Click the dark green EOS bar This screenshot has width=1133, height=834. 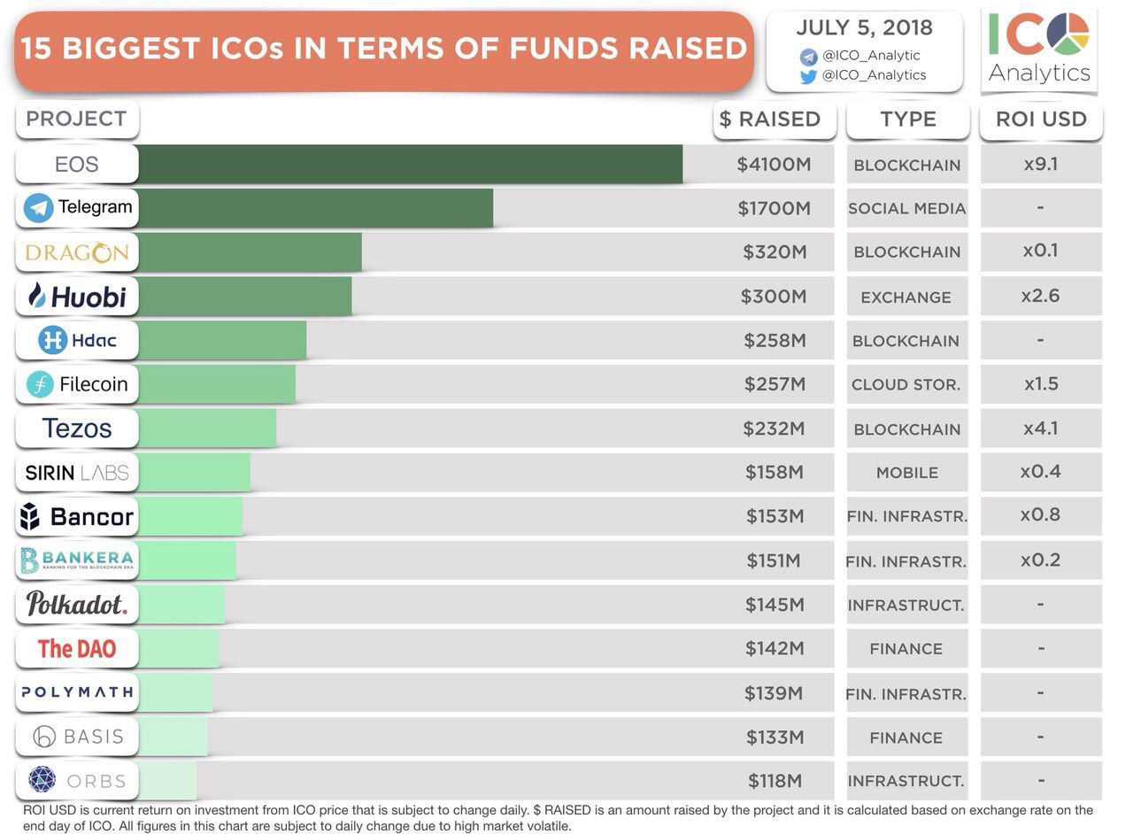point(410,164)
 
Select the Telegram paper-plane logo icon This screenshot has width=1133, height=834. point(39,208)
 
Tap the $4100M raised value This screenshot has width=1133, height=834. point(774,164)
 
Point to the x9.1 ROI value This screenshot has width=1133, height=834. point(1040,164)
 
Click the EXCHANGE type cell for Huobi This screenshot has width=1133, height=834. point(906,297)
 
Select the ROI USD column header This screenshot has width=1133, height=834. point(1041,120)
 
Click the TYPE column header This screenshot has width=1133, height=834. point(907,120)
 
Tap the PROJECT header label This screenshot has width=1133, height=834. point(76,119)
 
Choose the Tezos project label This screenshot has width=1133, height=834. point(77,429)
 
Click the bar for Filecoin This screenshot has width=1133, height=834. point(217,384)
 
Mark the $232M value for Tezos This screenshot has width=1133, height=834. point(774,429)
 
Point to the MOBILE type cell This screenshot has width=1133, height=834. point(906,473)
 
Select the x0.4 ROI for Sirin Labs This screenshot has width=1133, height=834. point(1040,471)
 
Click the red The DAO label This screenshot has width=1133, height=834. point(77,649)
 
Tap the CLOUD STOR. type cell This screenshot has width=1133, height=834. point(906,384)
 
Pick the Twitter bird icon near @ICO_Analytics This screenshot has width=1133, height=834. point(808,76)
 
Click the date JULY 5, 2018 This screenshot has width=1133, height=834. point(863,27)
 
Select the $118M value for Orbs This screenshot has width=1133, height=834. point(775,781)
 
